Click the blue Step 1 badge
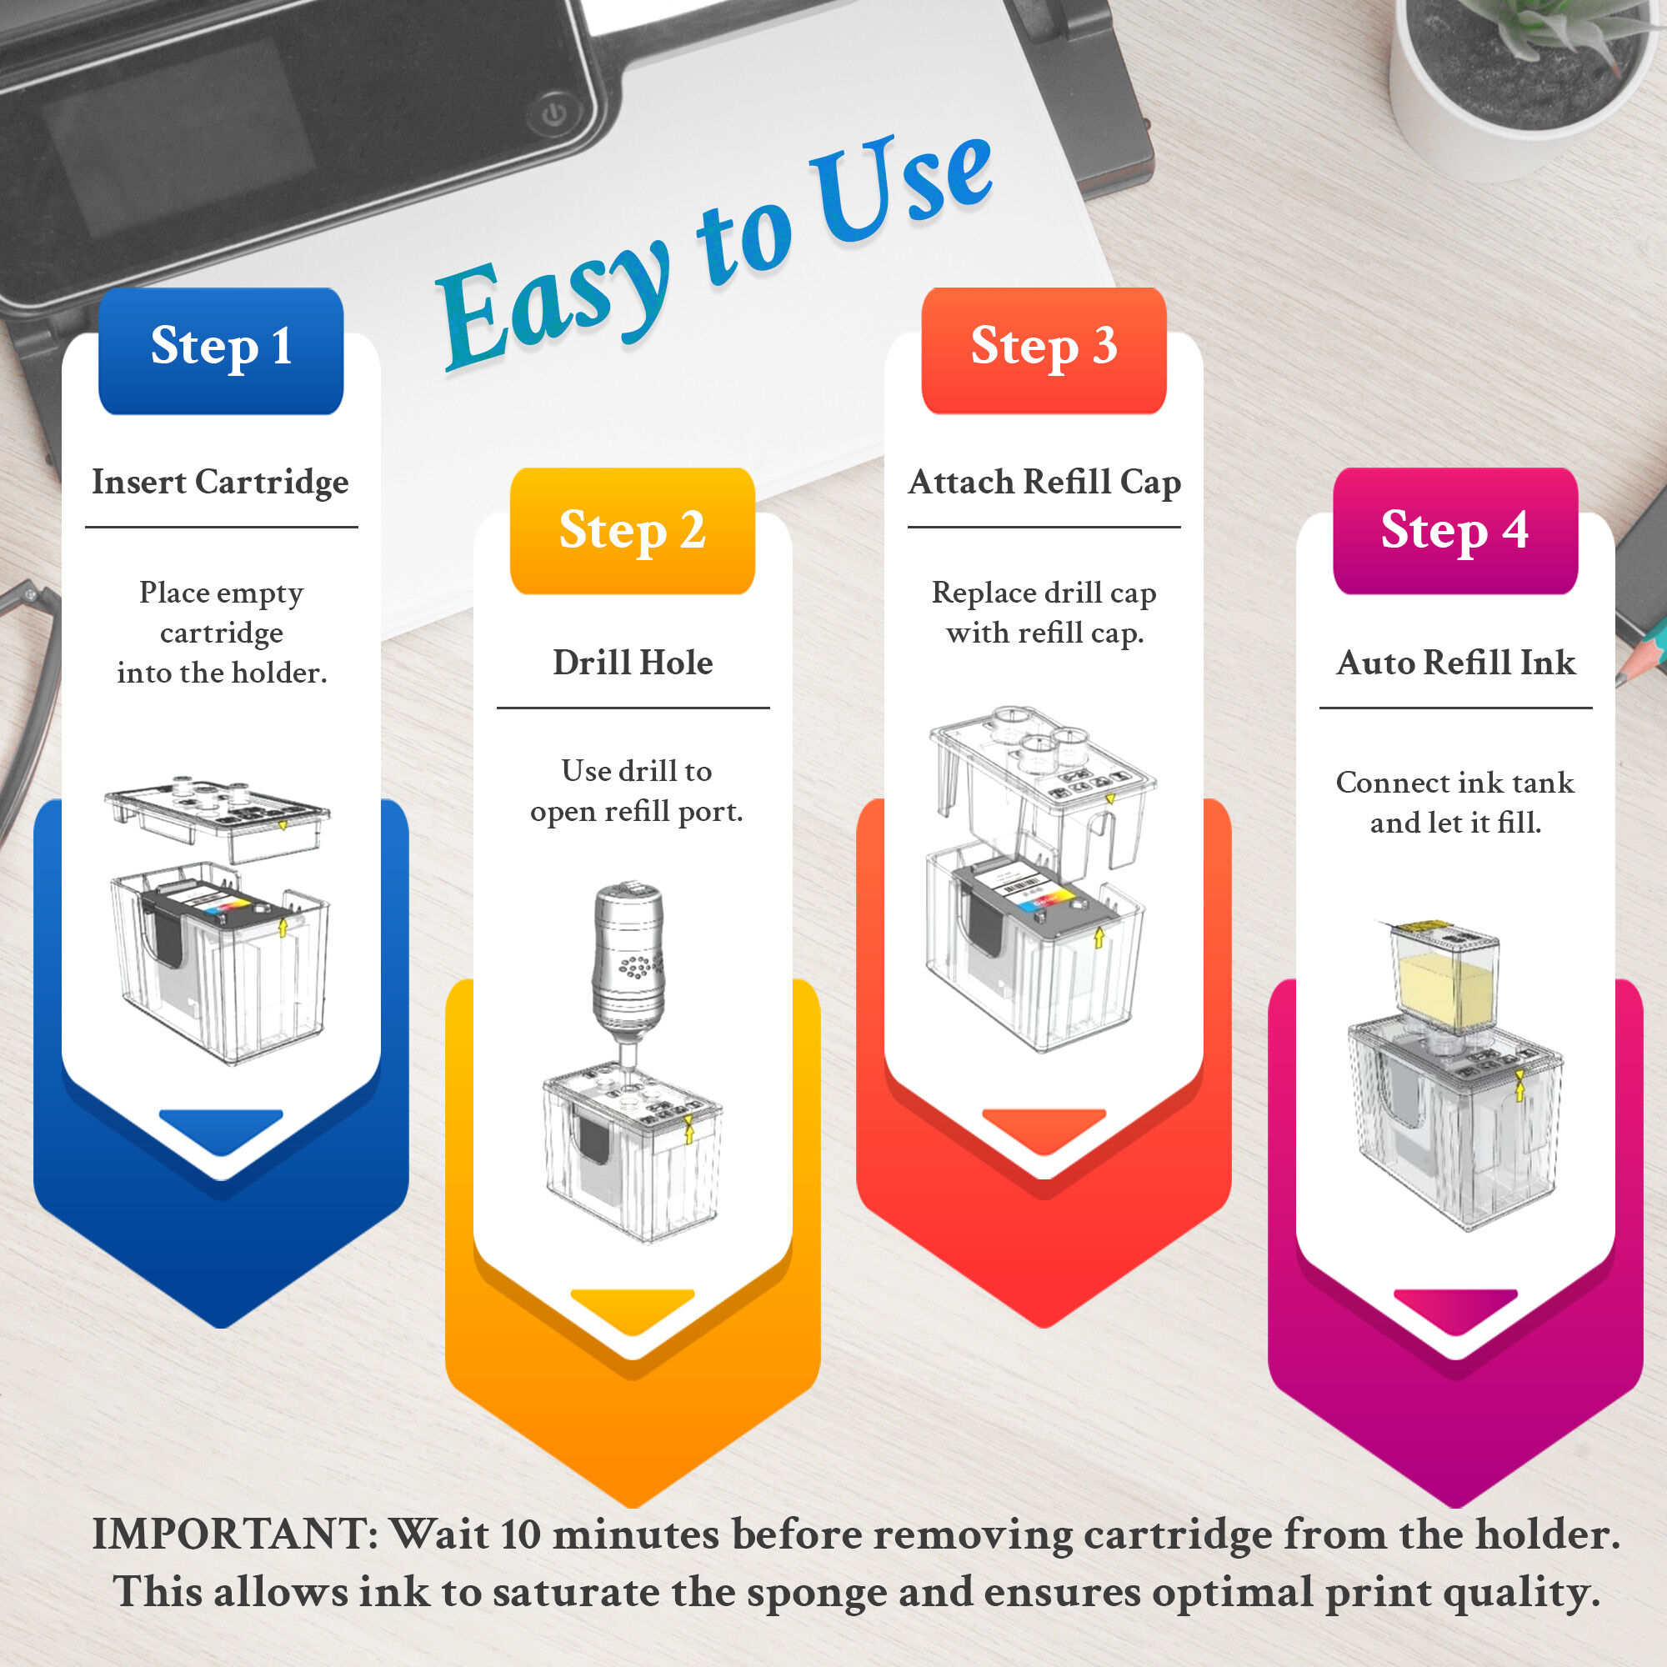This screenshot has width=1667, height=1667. pos(221,350)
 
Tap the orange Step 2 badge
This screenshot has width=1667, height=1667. pos(633,531)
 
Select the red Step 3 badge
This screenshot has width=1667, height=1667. pos(1044,350)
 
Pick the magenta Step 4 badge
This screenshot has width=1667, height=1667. pos(1455,531)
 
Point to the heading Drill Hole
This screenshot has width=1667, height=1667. pos(633,663)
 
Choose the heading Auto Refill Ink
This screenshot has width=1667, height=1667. pos(1455,663)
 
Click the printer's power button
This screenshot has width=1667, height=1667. pos(554,113)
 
